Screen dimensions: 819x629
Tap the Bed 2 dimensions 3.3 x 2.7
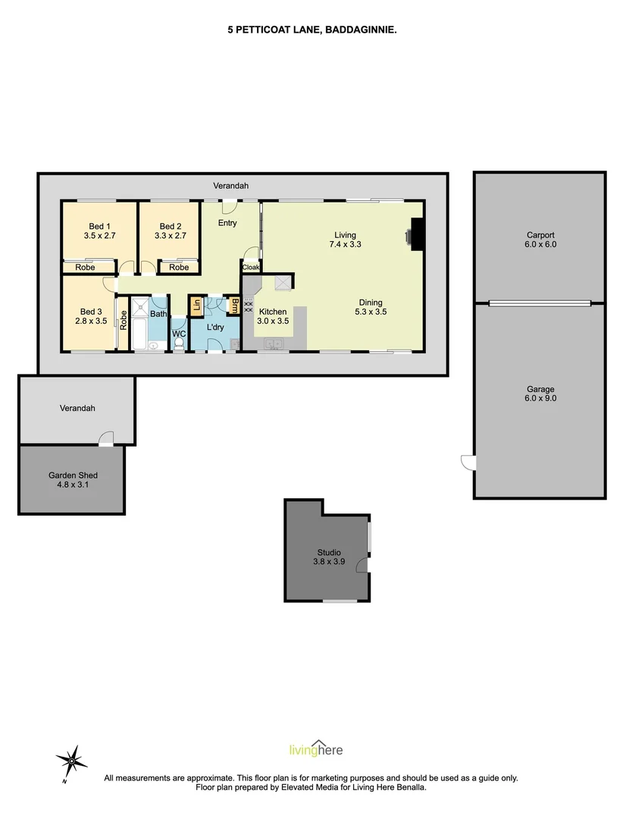point(171,236)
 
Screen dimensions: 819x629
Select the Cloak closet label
point(251,267)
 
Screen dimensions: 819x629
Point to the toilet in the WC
point(179,344)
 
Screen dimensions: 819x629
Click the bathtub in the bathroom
point(142,334)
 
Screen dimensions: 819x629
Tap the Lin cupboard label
point(196,305)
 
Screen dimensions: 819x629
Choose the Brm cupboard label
point(234,306)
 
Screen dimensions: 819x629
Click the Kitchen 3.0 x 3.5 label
point(273,316)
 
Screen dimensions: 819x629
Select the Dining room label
point(371,303)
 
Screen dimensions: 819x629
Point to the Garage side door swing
point(468,461)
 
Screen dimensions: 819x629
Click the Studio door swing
point(365,566)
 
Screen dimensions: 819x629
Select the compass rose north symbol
point(71,759)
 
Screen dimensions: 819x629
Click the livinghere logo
point(316,749)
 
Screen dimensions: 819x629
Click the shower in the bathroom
point(141,306)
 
